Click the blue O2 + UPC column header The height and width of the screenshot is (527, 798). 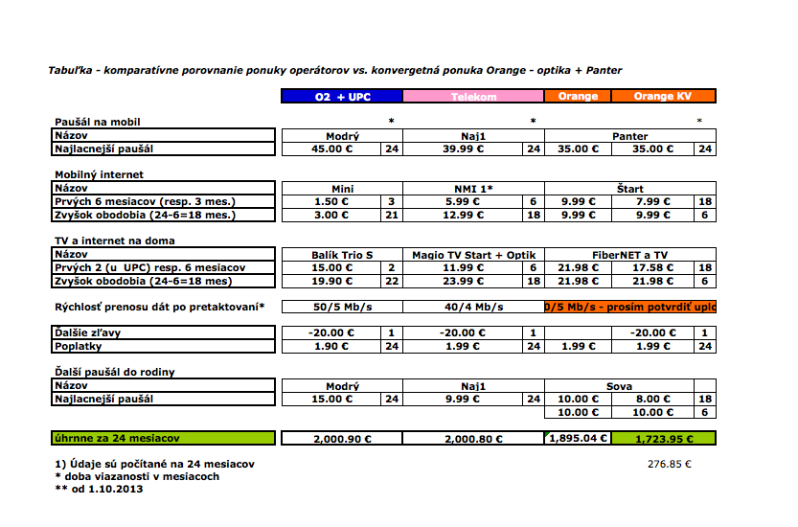tap(342, 96)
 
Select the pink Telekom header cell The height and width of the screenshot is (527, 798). tap(473, 96)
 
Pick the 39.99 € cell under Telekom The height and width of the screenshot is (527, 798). tap(463, 149)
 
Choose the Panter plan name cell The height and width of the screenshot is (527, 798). tap(629, 136)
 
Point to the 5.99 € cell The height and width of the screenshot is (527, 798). tap(463, 201)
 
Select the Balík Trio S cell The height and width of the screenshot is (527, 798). tap(342, 254)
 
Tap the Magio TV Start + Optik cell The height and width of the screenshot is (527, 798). tap(473, 254)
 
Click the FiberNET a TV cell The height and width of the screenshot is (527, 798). tap(629, 254)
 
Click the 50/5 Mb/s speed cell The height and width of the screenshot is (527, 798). tap(342, 307)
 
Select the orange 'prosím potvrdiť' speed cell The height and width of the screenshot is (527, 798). tap(629, 307)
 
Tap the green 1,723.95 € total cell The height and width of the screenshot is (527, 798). tap(662, 438)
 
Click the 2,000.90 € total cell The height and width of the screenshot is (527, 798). tap(342, 438)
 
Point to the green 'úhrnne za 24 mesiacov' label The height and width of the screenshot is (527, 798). tap(163, 438)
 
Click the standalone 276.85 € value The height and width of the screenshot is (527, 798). tap(669, 464)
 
